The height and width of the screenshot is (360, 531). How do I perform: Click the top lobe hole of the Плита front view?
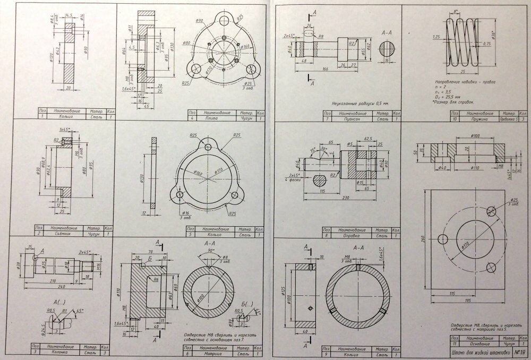pos(225,38)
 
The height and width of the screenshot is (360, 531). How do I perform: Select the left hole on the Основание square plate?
pos(441,237)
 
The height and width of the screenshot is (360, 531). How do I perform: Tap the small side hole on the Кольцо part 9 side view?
pos(307,307)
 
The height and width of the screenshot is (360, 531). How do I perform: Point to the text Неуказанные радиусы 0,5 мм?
pos(360,102)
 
